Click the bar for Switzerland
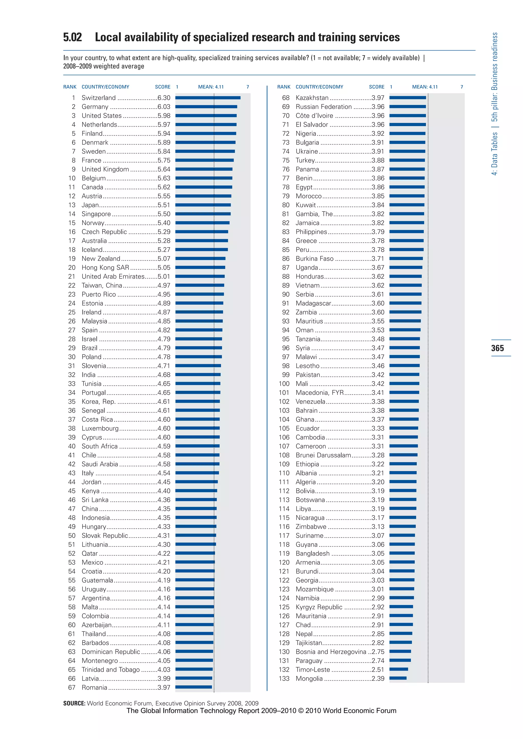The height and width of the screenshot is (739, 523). [x=208, y=97]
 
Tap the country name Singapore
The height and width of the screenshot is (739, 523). [x=96, y=214]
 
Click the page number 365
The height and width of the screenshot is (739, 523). [x=497, y=348]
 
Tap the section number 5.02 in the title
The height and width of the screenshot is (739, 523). [x=73, y=37]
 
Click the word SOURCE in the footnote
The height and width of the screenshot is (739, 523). [x=74, y=703]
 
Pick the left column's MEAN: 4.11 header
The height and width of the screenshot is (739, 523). [x=211, y=87]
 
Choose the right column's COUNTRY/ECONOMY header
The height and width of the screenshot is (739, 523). [x=319, y=87]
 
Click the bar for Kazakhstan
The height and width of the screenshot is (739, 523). [x=408, y=97]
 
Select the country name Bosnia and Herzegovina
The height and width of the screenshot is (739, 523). [x=331, y=652]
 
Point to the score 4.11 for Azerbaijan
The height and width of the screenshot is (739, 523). [x=164, y=625]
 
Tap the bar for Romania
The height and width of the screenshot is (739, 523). [x=194, y=687]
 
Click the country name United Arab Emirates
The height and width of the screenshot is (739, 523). [x=113, y=276]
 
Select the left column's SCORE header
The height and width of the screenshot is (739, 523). [x=163, y=87]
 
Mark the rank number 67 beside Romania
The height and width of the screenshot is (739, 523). [x=72, y=687]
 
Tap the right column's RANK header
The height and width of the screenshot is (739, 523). [x=284, y=87]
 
